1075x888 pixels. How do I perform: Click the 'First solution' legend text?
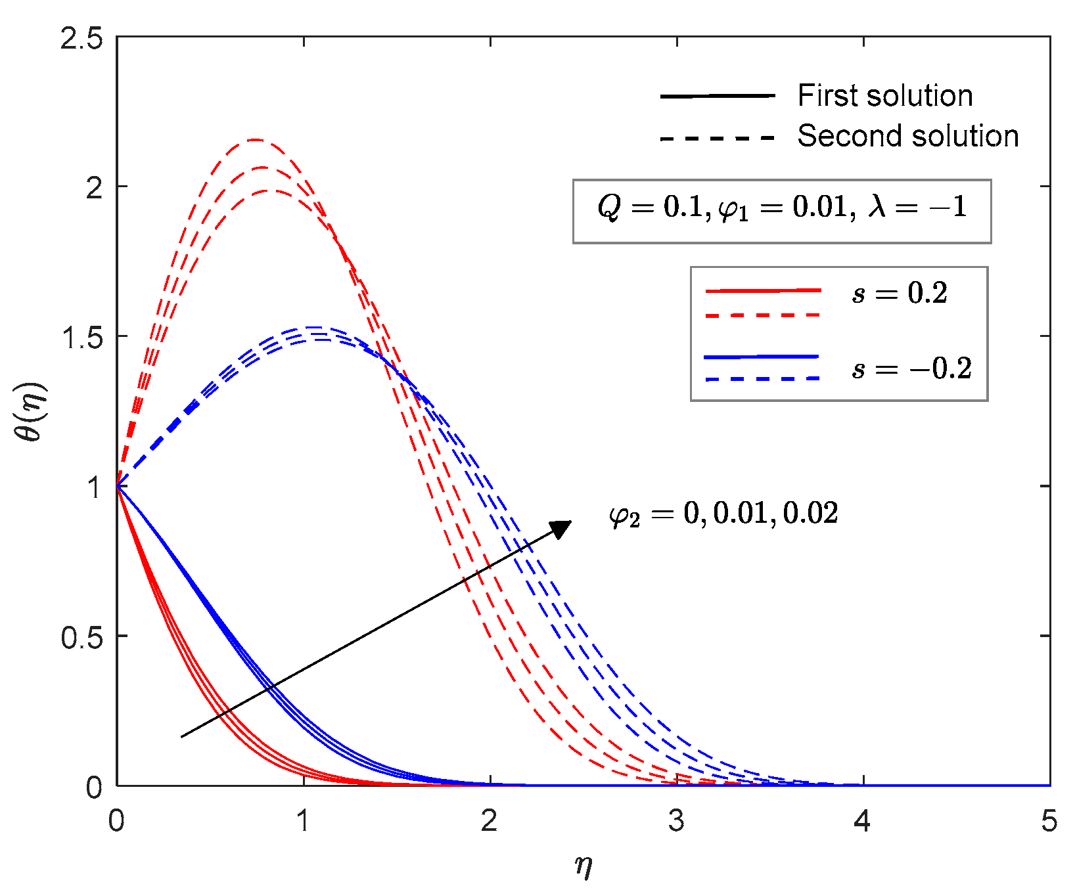[884, 96]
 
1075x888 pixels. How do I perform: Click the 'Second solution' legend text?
[907, 136]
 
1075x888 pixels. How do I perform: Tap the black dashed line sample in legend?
[718, 138]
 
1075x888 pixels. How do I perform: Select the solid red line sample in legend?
[762, 290]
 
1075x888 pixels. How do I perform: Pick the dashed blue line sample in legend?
[762, 379]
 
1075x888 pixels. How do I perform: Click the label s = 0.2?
[900, 293]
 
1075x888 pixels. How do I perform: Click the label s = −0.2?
[911, 368]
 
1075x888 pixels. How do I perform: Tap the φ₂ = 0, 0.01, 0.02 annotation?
[723, 514]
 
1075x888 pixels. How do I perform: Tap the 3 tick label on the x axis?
[676, 822]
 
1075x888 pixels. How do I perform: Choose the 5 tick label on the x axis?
[1049, 822]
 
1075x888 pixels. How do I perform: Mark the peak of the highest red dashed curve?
[255, 139]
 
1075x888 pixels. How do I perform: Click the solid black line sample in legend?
[718, 97]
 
